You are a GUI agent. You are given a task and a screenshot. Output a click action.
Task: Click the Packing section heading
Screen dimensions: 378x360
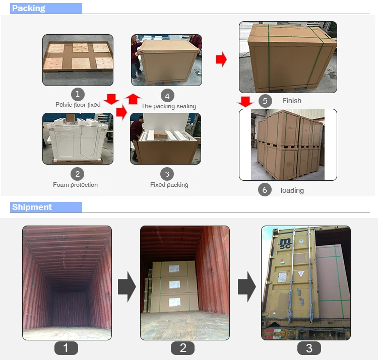pyautogui.click(x=29, y=8)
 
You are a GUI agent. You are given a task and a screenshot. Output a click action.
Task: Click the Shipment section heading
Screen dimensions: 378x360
pyautogui.click(x=32, y=207)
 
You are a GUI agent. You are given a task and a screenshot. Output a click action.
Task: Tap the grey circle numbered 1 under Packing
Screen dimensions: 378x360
pyautogui.click(x=78, y=94)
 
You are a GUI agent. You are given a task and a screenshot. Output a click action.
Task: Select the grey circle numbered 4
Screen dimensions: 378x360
pyautogui.click(x=167, y=96)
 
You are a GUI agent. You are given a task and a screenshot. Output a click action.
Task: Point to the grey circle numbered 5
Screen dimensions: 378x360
pyautogui.click(x=265, y=101)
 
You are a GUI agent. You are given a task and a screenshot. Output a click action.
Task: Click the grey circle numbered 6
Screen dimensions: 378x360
pyautogui.click(x=265, y=190)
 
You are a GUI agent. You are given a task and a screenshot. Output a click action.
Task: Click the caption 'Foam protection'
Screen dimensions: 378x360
pyautogui.click(x=76, y=185)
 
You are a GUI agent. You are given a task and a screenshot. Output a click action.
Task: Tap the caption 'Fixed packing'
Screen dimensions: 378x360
pyautogui.click(x=169, y=185)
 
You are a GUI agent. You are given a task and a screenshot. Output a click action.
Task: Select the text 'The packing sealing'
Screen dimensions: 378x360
pyautogui.click(x=168, y=106)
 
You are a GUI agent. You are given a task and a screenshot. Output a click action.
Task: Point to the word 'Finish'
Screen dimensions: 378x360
pyautogui.click(x=292, y=101)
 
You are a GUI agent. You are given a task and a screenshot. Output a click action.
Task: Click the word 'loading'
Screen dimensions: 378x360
pyautogui.click(x=292, y=190)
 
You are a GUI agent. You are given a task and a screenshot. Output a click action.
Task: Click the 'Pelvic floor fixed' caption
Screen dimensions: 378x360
pyautogui.click(x=78, y=105)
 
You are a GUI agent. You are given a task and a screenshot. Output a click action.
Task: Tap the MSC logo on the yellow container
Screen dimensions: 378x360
pyautogui.click(x=285, y=244)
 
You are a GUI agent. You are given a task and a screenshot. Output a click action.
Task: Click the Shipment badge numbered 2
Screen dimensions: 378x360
pyautogui.click(x=183, y=348)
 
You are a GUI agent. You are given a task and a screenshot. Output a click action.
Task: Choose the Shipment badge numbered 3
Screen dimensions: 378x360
pyautogui.click(x=309, y=348)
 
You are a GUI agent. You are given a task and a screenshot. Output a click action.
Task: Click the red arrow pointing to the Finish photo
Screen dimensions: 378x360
pyautogui.click(x=221, y=59)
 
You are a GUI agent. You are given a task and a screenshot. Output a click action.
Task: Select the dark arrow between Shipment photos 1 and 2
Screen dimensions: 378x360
pyautogui.click(x=127, y=287)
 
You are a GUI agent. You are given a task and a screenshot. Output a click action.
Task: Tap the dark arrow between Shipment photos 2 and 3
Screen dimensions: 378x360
pyautogui.click(x=247, y=287)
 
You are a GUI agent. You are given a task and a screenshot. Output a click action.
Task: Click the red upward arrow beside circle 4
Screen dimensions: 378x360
pyautogui.click(x=133, y=99)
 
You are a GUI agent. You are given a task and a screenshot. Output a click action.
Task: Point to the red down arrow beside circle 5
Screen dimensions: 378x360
pyautogui.click(x=245, y=102)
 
